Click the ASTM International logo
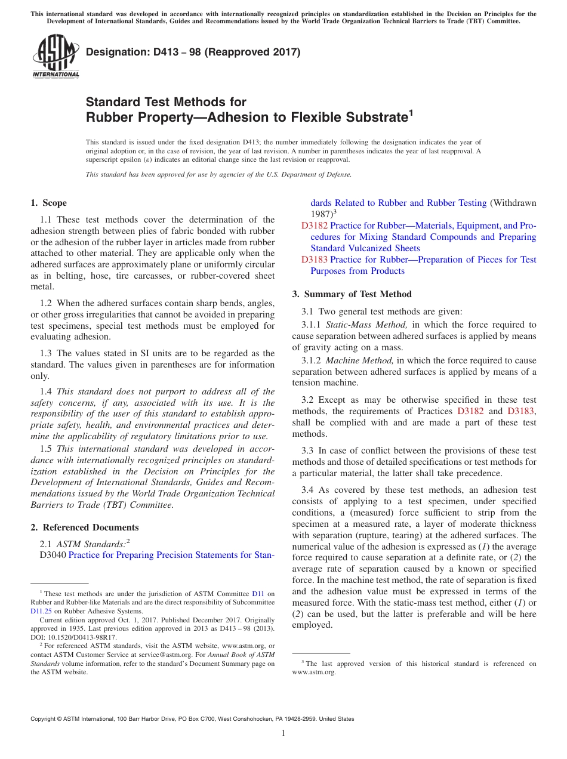55,57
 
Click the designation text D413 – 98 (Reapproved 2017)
193,52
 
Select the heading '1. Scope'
49,203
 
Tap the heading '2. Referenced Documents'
84,527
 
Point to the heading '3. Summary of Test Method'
352,294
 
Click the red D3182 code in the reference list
314,226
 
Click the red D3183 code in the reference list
314,260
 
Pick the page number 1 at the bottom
283,733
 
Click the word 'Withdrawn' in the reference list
513,203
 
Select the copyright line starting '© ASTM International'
192,719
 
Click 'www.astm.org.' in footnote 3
314,672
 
